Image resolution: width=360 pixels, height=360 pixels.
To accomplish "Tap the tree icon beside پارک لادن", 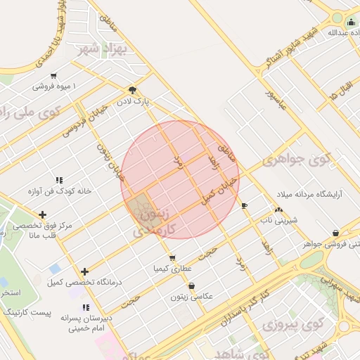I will (x=132, y=90).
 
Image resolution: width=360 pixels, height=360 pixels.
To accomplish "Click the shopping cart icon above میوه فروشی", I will (x=53, y=75).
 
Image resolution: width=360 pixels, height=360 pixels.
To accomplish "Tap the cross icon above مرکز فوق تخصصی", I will (x=43, y=214).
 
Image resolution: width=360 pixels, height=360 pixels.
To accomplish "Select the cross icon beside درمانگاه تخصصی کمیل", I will (x=84, y=271).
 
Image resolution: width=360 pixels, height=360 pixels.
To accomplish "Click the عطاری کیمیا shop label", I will (x=172, y=269).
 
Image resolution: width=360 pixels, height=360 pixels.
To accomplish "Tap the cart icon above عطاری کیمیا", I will (x=172, y=258).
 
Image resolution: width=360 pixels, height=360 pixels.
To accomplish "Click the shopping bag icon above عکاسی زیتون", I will (x=192, y=285).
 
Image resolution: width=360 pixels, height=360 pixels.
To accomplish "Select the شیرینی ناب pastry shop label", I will (x=279, y=220).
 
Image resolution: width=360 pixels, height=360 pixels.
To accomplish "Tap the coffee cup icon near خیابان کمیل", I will (x=244, y=206).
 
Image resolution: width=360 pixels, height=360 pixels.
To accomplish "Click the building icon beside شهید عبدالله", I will (x=352, y=22).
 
